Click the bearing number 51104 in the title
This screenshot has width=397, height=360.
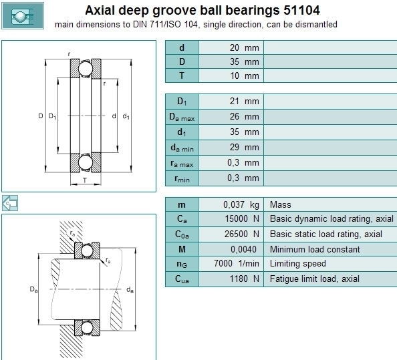tap(301, 11)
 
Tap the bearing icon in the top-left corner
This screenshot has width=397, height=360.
tap(23, 15)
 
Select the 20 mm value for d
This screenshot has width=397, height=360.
tap(245, 47)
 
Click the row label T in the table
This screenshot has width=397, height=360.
tap(182, 75)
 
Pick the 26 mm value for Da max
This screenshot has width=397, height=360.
tap(245, 117)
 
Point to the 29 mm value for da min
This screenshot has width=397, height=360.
tap(245, 147)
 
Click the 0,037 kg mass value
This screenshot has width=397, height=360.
tap(241, 204)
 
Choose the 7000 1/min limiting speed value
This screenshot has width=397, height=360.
tap(237, 263)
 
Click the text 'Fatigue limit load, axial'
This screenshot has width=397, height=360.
tap(315, 279)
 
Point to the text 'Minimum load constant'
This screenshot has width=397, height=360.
tap(315, 249)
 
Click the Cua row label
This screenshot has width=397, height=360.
tap(182, 279)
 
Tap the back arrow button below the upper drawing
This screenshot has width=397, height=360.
tap(10, 203)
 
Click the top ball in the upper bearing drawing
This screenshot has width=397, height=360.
tap(86, 69)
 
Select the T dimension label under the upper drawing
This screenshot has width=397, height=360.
tap(85, 180)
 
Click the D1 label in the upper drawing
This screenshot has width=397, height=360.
tap(52, 116)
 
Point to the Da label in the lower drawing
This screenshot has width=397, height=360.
tap(33, 289)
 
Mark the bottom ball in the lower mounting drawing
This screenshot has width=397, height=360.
tap(87, 328)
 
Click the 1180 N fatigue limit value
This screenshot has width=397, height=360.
tap(245, 279)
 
